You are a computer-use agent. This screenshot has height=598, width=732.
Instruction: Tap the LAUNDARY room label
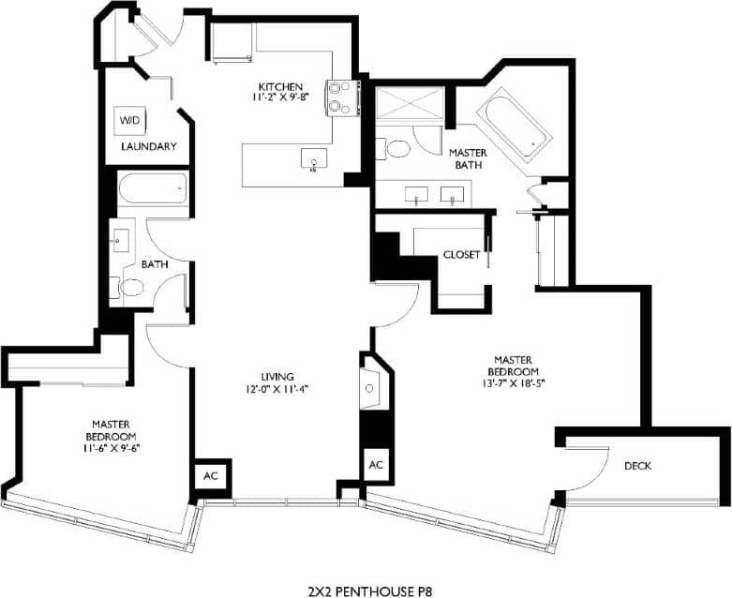[x=149, y=146]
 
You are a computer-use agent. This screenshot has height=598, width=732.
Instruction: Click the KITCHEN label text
[x=281, y=87]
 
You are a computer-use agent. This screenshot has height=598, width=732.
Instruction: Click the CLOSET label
[x=462, y=254]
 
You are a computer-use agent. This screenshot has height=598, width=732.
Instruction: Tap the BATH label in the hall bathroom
[x=155, y=264]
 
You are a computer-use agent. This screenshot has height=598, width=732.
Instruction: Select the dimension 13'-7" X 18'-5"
[x=514, y=381]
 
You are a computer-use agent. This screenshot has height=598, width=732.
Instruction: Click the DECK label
[x=637, y=466]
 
